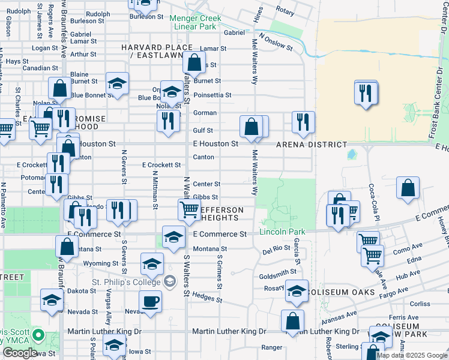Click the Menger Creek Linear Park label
(x=194, y=23)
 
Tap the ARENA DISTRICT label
(x=311, y=145)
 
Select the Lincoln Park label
(x=282, y=232)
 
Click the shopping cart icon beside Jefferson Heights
(x=189, y=209)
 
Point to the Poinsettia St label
(x=212, y=95)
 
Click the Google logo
(x=20, y=353)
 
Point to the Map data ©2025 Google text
(x=411, y=355)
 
